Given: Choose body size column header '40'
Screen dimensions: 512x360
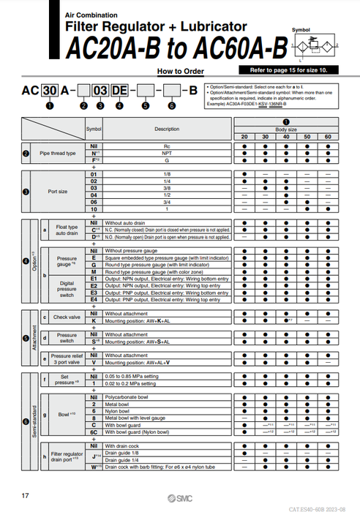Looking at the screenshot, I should [286, 138].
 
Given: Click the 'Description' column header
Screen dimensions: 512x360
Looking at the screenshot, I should [166, 129].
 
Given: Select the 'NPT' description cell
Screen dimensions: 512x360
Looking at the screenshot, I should [166, 154].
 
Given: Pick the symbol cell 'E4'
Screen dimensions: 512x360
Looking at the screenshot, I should [94, 300].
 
